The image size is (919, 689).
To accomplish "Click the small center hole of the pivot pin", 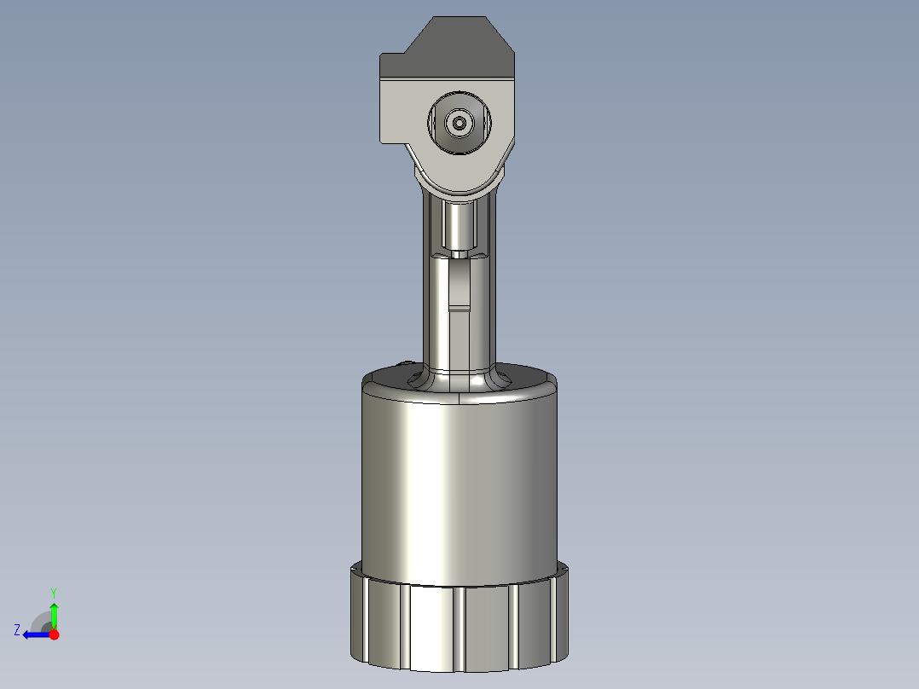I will (x=460, y=124).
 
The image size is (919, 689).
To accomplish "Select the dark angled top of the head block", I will (x=456, y=47).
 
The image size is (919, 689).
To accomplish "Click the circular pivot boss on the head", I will (x=460, y=124).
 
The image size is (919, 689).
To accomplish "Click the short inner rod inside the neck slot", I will (x=460, y=223).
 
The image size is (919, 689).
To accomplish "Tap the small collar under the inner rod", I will (x=460, y=253).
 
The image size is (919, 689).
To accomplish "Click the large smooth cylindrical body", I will (x=460, y=486).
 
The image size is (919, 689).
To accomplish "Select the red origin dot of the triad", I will (x=54, y=634).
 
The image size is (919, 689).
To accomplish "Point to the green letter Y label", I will (x=54, y=592).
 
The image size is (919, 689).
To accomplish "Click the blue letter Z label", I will (x=17, y=630).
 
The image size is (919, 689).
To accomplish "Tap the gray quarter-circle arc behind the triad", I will (x=39, y=621).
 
